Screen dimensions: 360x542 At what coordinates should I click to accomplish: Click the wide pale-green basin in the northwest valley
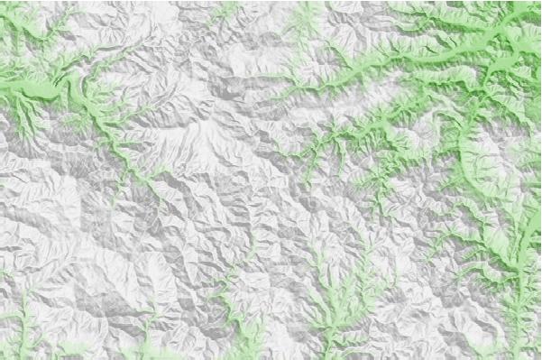[x=41, y=90]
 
